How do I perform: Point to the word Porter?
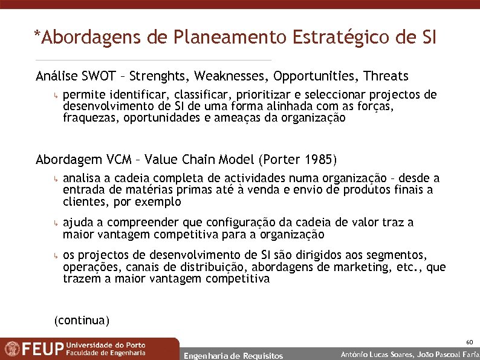(x=280, y=160)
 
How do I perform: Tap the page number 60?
(x=469, y=342)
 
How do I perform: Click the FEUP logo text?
(x=43, y=349)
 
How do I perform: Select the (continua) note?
(x=82, y=319)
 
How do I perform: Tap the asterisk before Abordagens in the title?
(x=37, y=36)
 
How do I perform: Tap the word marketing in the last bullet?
(x=363, y=267)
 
